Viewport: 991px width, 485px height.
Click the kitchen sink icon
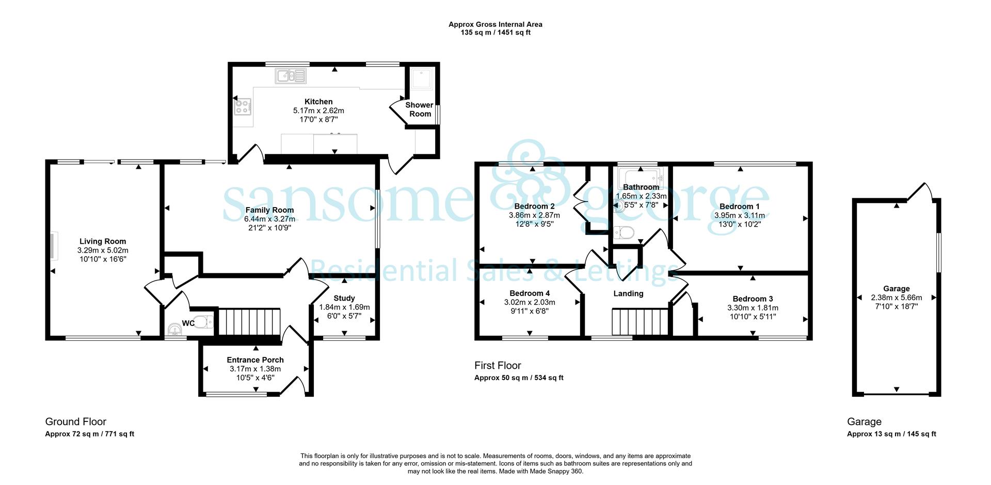pos(291,76)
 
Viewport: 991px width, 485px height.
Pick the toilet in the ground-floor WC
pos(203,323)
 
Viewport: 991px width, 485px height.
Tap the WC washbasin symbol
pos(175,329)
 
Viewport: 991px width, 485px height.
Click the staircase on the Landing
pos(640,322)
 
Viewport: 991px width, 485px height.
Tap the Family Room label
pos(269,210)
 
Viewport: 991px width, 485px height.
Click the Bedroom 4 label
pos(530,293)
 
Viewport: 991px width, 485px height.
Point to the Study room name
pos(344,298)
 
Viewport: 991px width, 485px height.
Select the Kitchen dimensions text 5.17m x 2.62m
pos(318,111)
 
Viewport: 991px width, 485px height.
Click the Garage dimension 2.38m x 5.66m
pos(897,298)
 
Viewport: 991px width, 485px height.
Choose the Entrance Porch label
pos(255,360)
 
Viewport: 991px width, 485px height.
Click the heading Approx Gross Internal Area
pos(495,24)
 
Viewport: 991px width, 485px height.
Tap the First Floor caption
pos(498,366)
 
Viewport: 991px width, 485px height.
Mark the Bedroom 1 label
pos(740,207)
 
